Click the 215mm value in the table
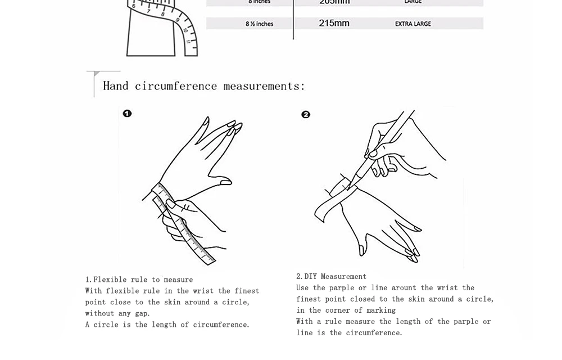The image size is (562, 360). tap(334, 23)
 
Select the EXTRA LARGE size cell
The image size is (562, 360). tap(413, 24)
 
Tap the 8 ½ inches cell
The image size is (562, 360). tap(259, 24)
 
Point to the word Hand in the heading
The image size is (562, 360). tap(116, 85)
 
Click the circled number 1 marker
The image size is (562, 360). tap(127, 114)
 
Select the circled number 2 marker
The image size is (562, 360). tap(306, 115)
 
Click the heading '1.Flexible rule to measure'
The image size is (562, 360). tap(139, 280)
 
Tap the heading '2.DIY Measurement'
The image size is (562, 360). tap(331, 276)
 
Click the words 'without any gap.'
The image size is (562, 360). tap(117, 313)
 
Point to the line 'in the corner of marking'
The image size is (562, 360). tap(346, 310)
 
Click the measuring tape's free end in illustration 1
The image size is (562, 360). tap(209, 259)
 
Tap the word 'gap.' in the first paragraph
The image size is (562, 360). tap(142, 313)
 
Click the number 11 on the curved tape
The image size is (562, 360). tap(188, 42)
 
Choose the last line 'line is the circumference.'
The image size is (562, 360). tap(349, 332)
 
